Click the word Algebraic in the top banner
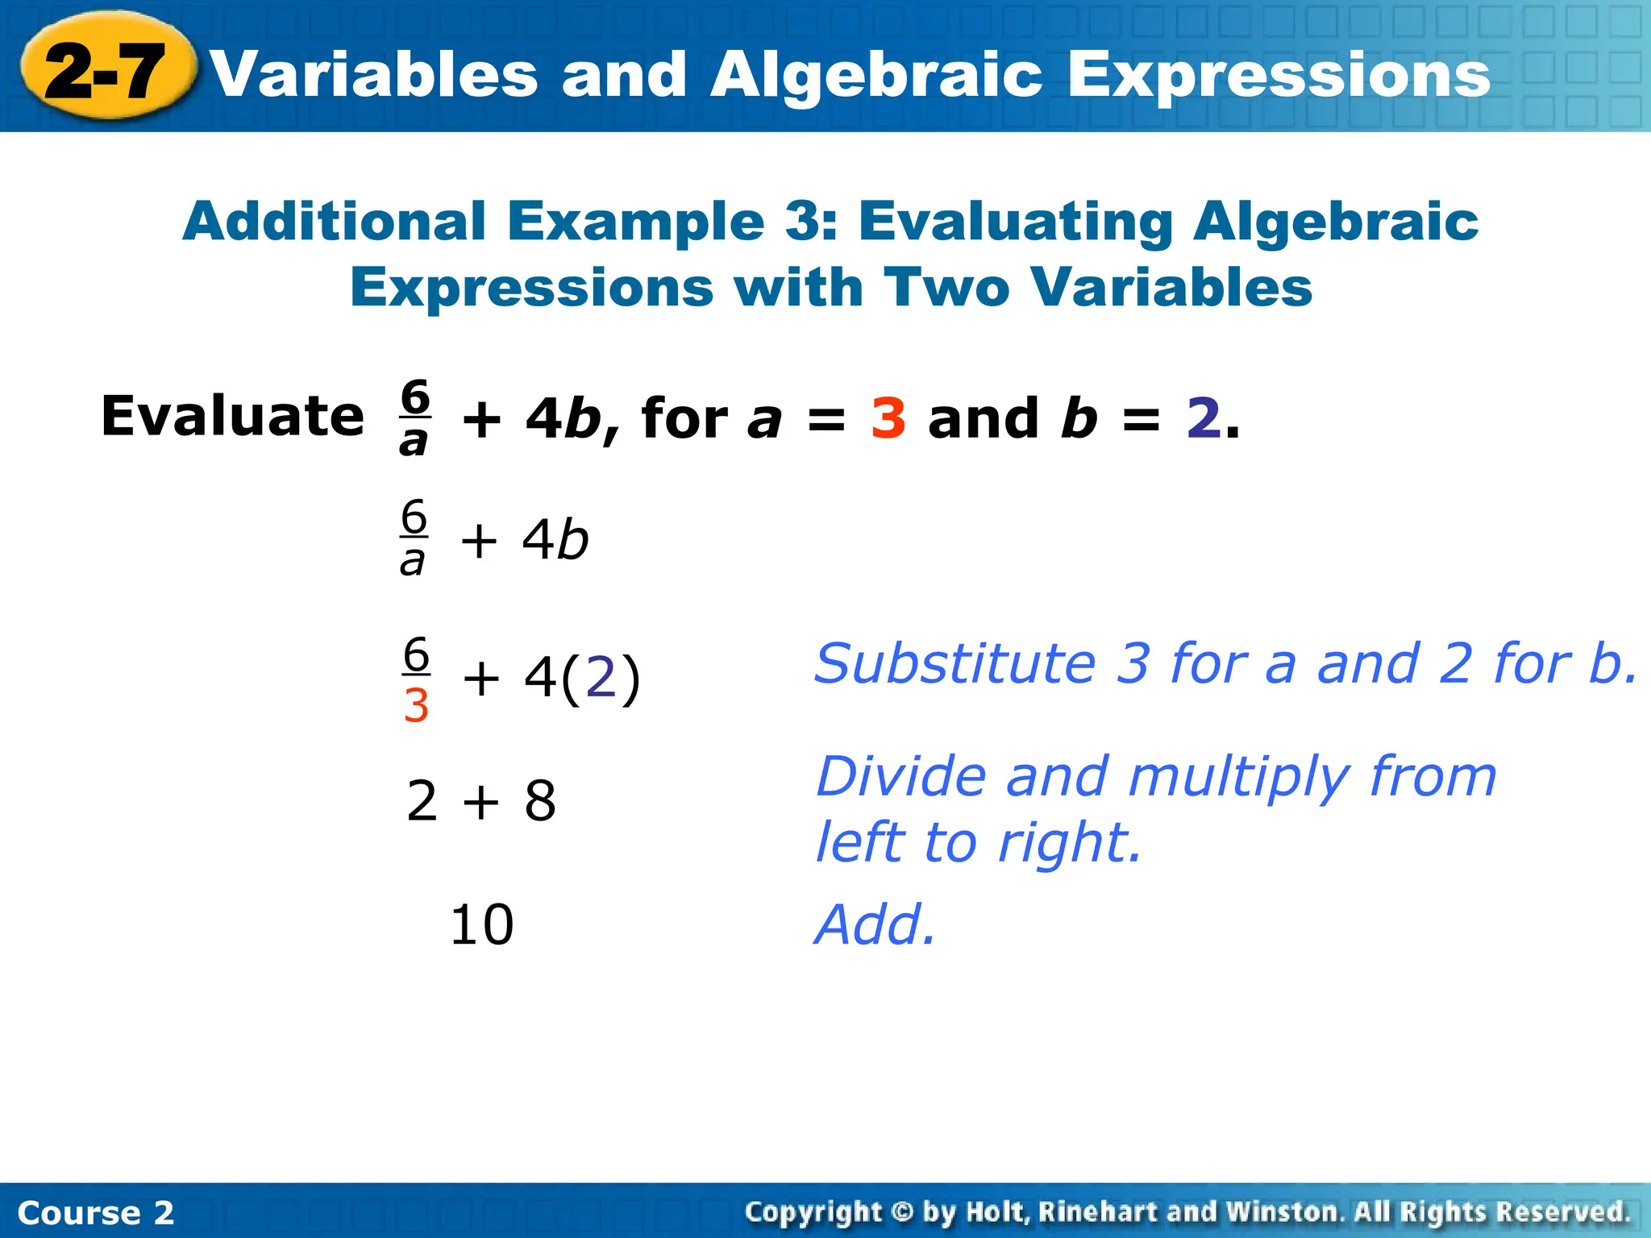(x=876, y=74)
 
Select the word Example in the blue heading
(x=635, y=221)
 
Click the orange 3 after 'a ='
(x=888, y=418)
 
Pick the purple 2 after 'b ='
(x=1203, y=418)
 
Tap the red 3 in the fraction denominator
(x=416, y=706)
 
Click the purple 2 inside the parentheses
(x=601, y=678)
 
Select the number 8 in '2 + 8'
(x=539, y=802)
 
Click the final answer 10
(x=481, y=924)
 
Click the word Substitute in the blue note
(x=954, y=664)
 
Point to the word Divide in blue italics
(x=900, y=777)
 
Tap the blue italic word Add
(x=874, y=925)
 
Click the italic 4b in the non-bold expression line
(x=555, y=539)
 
